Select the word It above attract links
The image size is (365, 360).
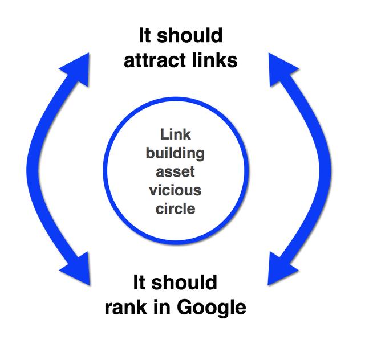[146, 35]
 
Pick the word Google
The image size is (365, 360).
[212, 308]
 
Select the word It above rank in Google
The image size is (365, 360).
[140, 283]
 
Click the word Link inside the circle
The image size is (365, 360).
[175, 136]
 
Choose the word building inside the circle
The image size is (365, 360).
[175, 154]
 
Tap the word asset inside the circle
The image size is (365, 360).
[175, 172]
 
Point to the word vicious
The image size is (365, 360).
[175, 190]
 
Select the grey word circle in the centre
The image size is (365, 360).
[175, 208]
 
